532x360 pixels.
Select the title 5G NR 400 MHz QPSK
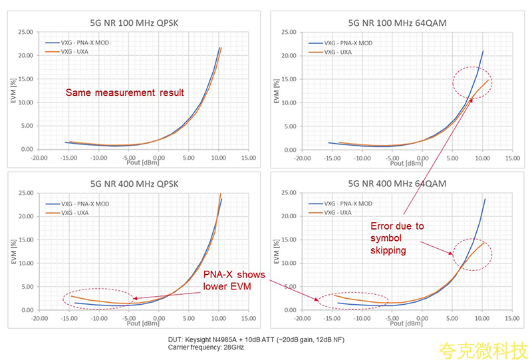pyautogui.click(x=134, y=183)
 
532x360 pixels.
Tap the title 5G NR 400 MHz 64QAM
pyautogui.click(x=397, y=183)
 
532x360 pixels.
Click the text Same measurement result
pyautogui.click(x=124, y=92)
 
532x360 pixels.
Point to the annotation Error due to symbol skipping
pyautogui.click(x=396, y=237)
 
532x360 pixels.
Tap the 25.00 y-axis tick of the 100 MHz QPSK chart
pyautogui.click(x=25, y=31)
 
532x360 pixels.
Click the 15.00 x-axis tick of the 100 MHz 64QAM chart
pyautogui.click(x=509, y=158)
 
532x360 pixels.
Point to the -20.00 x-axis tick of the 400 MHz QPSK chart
pyautogui.click(x=39, y=318)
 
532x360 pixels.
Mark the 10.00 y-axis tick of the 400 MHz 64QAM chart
pyautogui.click(x=288, y=263)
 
